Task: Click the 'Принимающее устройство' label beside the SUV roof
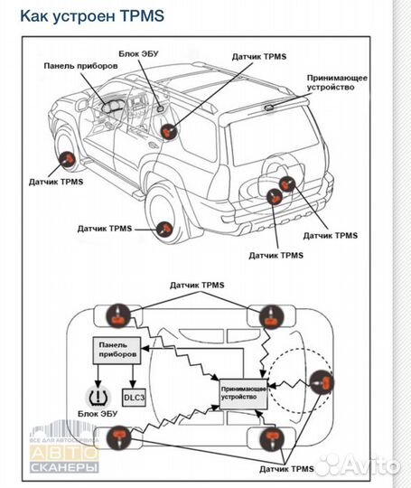(x=336, y=84)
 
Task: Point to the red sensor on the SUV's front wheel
(x=66, y=160)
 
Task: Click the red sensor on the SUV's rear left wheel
(x=164, y=229)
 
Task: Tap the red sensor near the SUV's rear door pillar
(x=169, y=132)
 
